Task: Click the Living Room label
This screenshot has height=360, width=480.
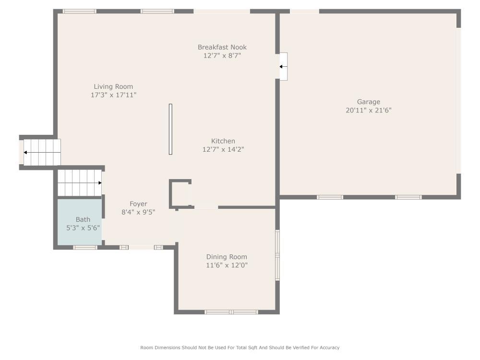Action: point(113,87)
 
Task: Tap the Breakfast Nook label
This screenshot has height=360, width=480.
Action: point(222,47)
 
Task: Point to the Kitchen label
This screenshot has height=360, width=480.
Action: point(223,141)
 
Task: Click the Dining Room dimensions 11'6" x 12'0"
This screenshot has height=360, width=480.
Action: point(227,265)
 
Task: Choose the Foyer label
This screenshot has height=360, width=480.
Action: point(138,204)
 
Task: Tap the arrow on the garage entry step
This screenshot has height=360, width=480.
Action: point(283,67)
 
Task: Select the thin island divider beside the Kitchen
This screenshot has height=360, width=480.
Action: point(170,129)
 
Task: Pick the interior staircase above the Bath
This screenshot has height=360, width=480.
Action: point(80,183)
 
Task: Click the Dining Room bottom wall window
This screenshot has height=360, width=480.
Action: point(231,312)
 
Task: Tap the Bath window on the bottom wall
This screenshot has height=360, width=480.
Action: point(85,248)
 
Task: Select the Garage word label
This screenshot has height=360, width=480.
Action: point(368,102)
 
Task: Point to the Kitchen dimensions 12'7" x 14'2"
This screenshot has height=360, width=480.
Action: point(223,149)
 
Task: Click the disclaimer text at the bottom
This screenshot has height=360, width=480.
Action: point(240,348)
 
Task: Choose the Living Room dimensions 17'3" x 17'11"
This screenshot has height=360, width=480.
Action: point(113,95)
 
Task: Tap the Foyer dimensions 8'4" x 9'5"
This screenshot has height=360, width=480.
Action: point(138,212)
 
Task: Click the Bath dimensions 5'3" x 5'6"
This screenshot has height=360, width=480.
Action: point(83,228)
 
